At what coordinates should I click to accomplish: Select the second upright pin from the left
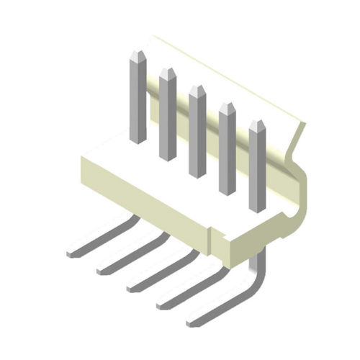[x=167, y=115]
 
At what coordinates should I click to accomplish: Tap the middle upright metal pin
[x=197, y=133]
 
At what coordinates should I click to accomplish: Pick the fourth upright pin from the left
[x=227, y=151]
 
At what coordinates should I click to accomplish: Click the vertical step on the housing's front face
[x=210, y=240]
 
